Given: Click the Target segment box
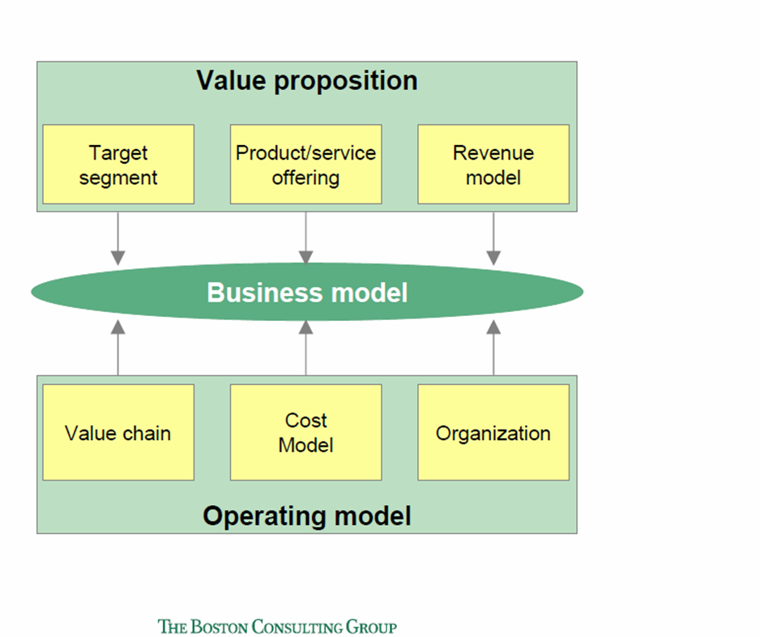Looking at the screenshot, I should [x=118, y=164].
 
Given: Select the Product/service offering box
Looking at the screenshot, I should [x=305, y=164].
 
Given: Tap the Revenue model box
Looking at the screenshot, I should [x=493, y=164].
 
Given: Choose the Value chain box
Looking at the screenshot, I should [x=118, y=432].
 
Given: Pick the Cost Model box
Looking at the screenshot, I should [x=305, y=432].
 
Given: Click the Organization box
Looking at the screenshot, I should [x=493, y=432].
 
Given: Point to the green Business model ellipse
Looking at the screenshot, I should [x=307, y=292].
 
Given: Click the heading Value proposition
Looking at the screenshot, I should [x=307, y=81].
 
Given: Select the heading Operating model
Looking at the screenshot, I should [x=307, y=515].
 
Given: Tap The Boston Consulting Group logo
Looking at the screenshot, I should [x=277, y=626].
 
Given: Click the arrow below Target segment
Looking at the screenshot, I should [x=118, y=238].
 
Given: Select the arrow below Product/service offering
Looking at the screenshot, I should [x=305, y=238].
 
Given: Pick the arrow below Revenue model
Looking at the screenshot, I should [x=493, y=238].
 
